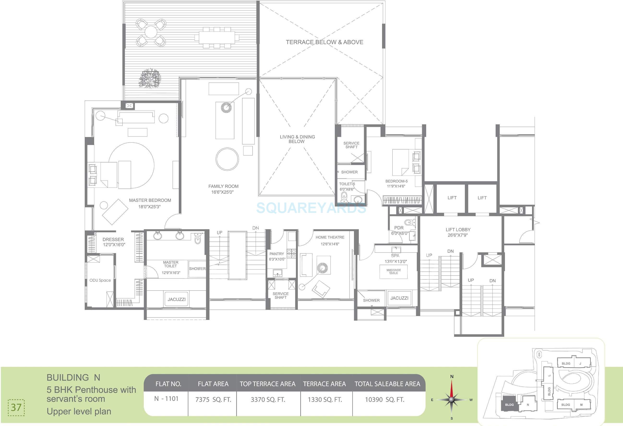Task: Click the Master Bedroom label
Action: click(150, 200)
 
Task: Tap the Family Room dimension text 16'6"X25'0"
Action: click(222, 192)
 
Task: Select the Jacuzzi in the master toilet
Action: click(176, 299)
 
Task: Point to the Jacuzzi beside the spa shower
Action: click(399, 298)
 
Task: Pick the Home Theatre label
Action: click(330, 237)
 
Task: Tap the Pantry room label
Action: click(277, 254)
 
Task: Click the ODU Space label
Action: click(100, 280)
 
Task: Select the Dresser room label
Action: click(113, 240)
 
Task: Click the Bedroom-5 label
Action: click(396, 181)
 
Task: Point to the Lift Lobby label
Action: click(458, 230)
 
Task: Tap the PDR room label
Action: click(399, 228)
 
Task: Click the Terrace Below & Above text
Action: click(324, 42)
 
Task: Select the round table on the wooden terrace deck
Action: click(151, 32)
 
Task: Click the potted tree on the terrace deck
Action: click(150, 78)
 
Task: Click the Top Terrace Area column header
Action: click(267, 384)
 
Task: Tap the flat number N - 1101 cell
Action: click(166, 399)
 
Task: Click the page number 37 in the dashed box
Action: click(16, 407)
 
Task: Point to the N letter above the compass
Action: click(452, 376)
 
